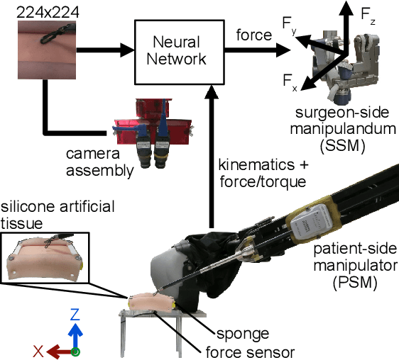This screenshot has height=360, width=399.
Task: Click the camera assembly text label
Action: coord(99,162)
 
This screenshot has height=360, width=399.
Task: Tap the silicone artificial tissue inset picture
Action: coord(47,260)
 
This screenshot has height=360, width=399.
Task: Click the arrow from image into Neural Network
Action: coord(106,50)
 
